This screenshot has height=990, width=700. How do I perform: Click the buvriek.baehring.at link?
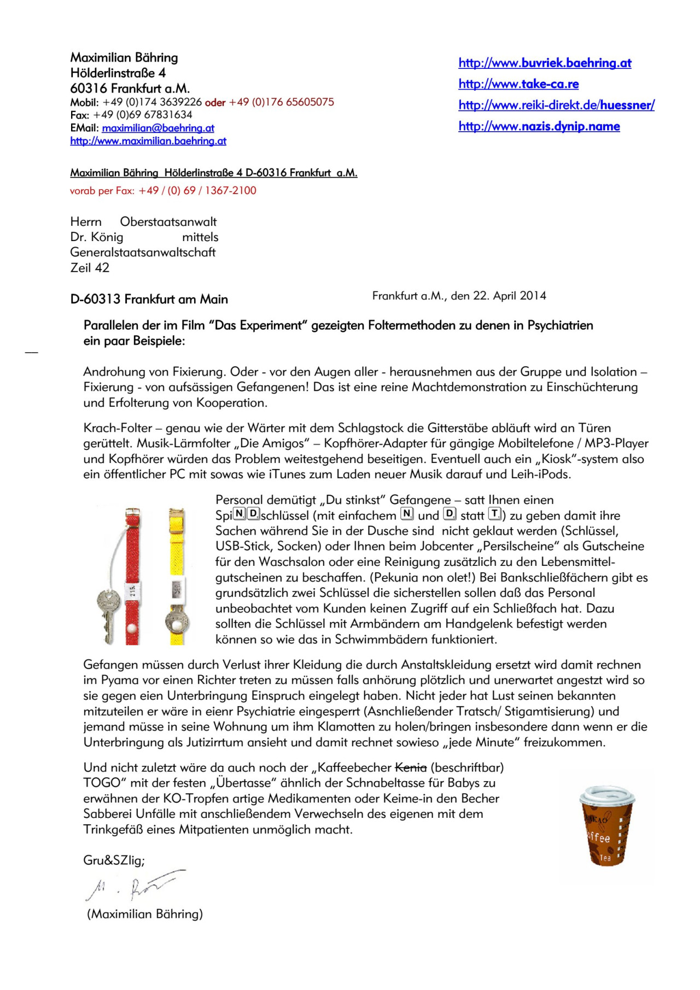(545, 63)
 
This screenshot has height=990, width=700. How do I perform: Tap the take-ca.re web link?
(518, 84)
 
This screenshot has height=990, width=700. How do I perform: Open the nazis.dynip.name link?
(539, 127)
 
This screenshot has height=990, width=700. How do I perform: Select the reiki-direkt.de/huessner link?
(556, 106)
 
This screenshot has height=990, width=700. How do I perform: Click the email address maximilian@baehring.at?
(158, 128)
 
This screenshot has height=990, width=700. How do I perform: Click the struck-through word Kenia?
(410, 768)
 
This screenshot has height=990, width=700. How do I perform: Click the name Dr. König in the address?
(97, 237)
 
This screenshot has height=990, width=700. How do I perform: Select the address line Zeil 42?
(90, 268)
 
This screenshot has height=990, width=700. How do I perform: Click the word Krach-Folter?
(118, 428)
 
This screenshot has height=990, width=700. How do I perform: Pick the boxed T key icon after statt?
(494, 514)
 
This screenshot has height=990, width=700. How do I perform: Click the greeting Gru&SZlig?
(114, 860)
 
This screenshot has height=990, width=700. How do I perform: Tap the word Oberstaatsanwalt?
(168, 222)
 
